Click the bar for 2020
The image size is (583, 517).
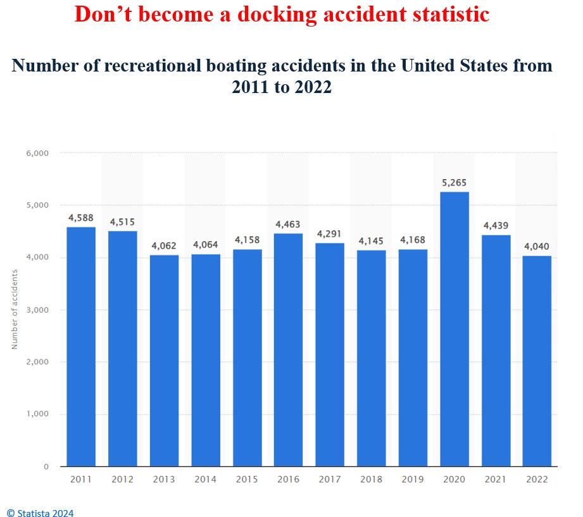pos(454,329)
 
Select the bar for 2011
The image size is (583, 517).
pos(81,347)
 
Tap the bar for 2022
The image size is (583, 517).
pos(537,361)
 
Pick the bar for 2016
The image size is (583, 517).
pos(288,350)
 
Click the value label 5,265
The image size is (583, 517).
pos(454,183)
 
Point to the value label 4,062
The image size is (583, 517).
pos(164,246)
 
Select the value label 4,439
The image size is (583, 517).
pos(496,225)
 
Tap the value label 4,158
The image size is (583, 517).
pos(247,240)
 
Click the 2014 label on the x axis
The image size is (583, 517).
pos(205,479)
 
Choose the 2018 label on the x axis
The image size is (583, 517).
pos(371,479)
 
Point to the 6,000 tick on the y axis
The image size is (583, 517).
pos(37,153)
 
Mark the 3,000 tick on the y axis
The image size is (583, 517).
pos(37,310)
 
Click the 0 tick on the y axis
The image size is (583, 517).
pos(46,467)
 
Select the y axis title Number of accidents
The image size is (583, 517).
pos(15,309)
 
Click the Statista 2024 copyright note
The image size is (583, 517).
pos(40,513)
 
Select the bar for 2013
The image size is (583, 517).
pos(164,361)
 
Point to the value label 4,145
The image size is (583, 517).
pos(371,241)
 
